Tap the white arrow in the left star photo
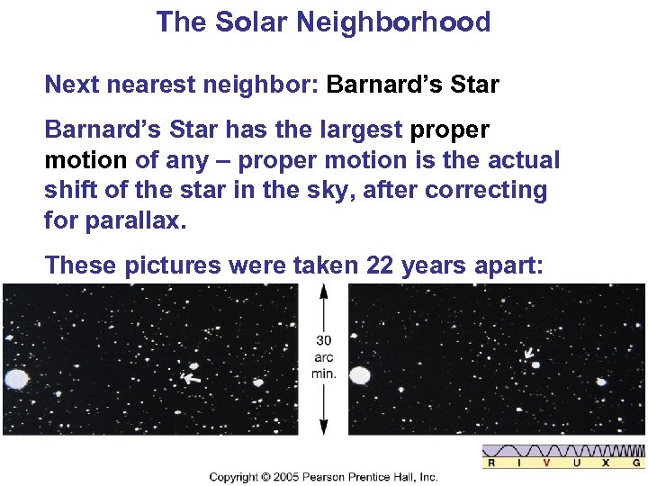coord(191,379)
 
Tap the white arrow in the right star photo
coord(529,354)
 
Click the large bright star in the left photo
coord(16,379)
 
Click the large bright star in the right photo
coord(360,375)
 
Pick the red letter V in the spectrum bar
coord(546,463)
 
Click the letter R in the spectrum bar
coord(491,463)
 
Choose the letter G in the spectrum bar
coord(636,463)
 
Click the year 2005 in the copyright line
coord(282,477)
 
